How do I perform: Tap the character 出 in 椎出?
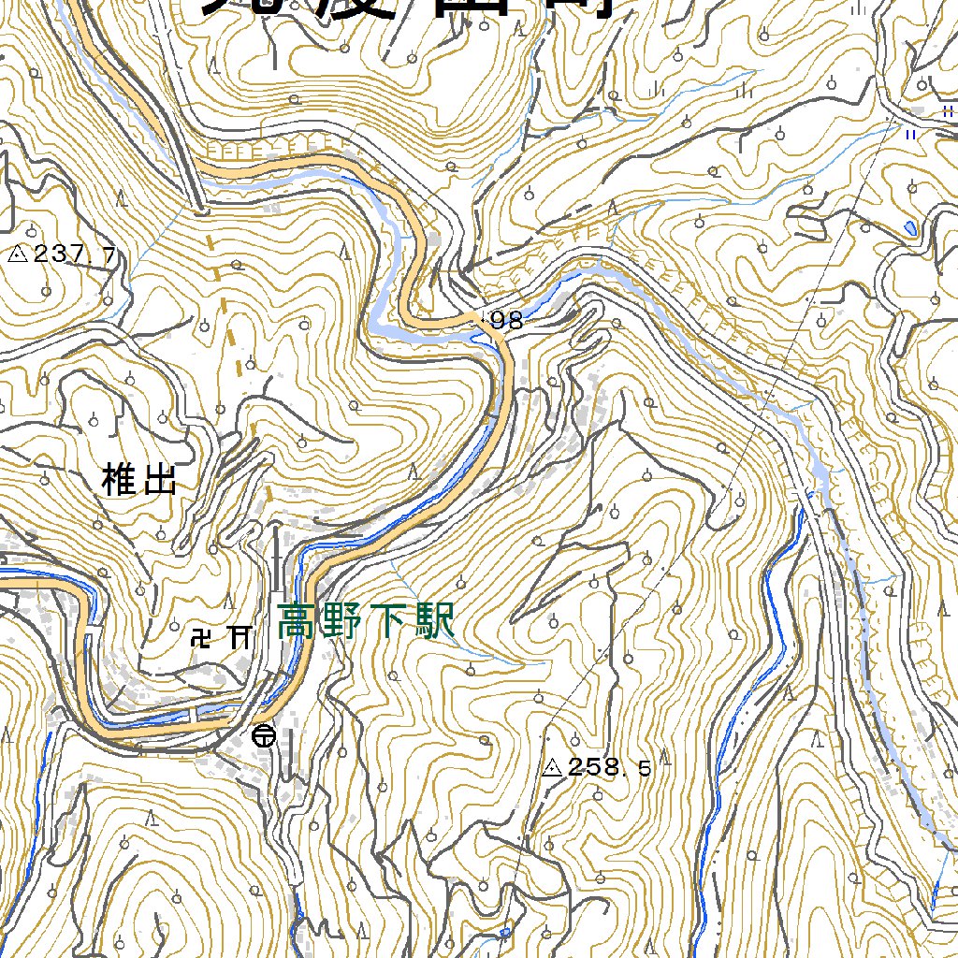(x=159, y=482)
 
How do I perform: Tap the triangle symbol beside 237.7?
(x=18, y=253)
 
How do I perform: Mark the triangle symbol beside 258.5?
(x=552, y=769)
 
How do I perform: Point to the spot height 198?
(x=503, y=321)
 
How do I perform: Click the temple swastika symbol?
(x=201, y=639)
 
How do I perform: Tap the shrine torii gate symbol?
(x=240, y=638)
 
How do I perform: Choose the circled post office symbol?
(x=265, y=737)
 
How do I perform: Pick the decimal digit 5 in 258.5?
(x=645, y=769)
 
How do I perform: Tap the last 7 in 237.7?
(x=110, y=254)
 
